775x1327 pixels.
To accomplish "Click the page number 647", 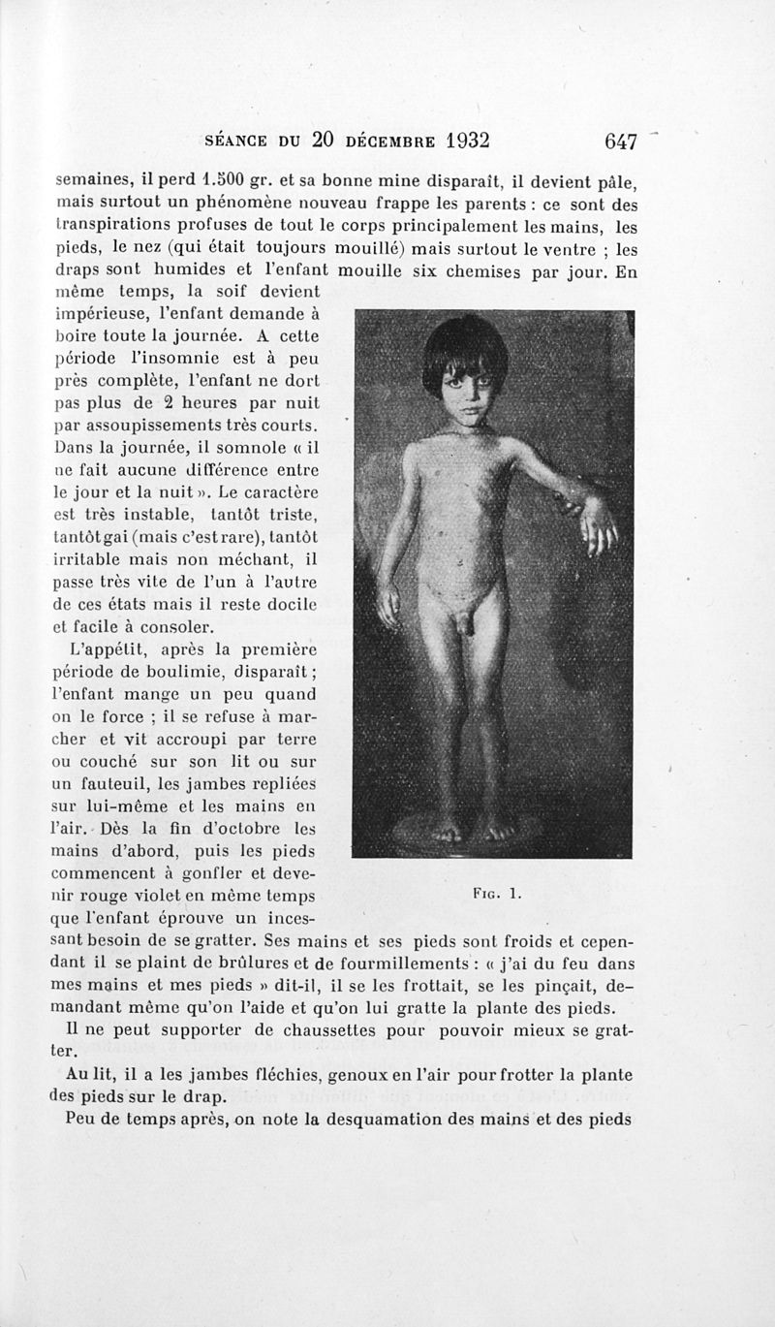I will pos(620,142).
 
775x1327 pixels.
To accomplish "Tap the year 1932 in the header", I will pos(454,140).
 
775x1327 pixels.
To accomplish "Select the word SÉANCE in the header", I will pos(239,141).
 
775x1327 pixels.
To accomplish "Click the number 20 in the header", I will pos(324,140).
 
